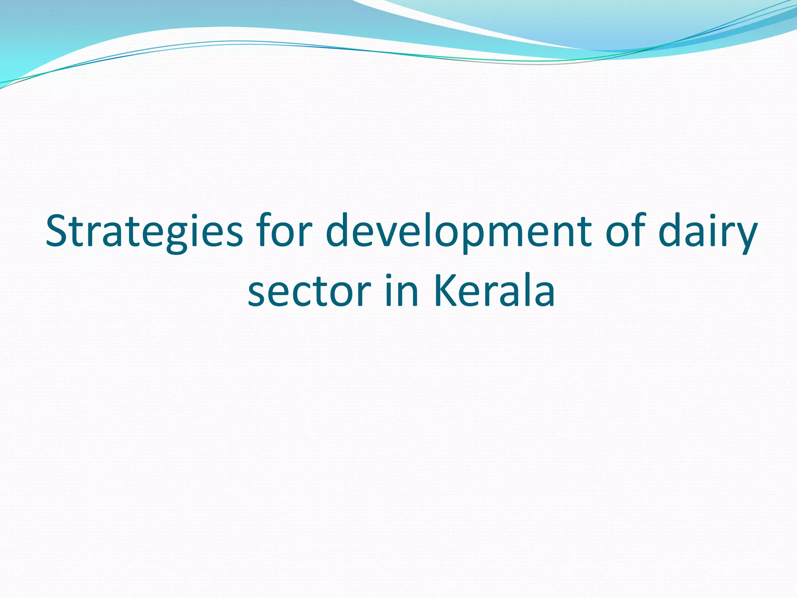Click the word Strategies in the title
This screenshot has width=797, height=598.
point(144,232)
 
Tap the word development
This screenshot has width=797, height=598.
point(458,232)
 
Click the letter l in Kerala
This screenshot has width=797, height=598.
point(520,288)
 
